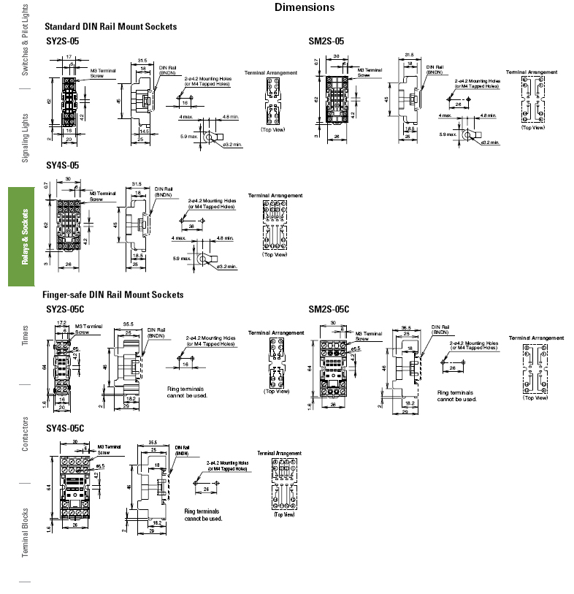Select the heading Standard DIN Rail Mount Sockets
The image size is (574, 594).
[111, 27]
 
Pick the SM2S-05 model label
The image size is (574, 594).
[326, 42]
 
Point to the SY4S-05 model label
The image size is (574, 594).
[62, 166]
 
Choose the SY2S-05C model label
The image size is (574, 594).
[65, 309]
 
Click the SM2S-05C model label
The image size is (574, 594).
[329, 309]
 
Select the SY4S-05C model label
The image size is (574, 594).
[65, 428]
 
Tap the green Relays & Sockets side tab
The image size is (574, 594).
[25, 237]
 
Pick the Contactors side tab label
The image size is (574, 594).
[25, 434]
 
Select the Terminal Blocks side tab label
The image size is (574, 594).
[25, 532]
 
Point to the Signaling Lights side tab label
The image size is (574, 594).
[25, 137]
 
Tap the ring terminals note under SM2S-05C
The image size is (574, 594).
[456, 396]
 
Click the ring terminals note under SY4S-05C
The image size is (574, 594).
[203, 515]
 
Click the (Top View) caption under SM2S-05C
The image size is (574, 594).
[536, 398]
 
